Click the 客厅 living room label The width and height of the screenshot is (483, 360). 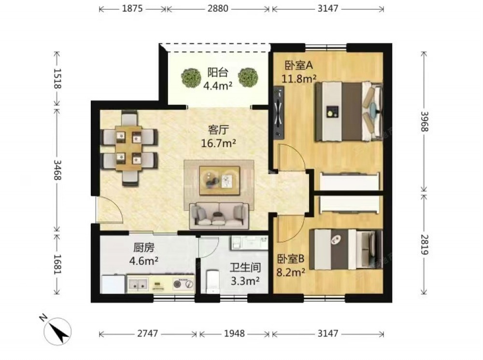(218, 130)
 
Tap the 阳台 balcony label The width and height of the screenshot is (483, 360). (217, 72)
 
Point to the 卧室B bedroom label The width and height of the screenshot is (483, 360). (290, 259)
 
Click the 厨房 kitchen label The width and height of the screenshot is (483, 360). (144, 248)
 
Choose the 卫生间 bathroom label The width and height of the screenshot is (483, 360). (245, 267)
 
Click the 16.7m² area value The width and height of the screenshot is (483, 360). (218, 143)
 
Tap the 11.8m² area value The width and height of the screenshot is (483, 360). (299, 79)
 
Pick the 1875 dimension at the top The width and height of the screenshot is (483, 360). (132, 8)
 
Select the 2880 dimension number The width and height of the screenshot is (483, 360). (218, 8)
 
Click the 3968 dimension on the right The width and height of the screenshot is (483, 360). (425, 122)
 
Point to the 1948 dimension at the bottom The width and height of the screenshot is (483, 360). (234, 333)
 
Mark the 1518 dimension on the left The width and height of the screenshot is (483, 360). (57, 79)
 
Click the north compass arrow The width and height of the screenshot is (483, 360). (59, 333)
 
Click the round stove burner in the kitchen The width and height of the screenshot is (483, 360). (177, 284)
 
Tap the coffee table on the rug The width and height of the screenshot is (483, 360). (219, 180)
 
